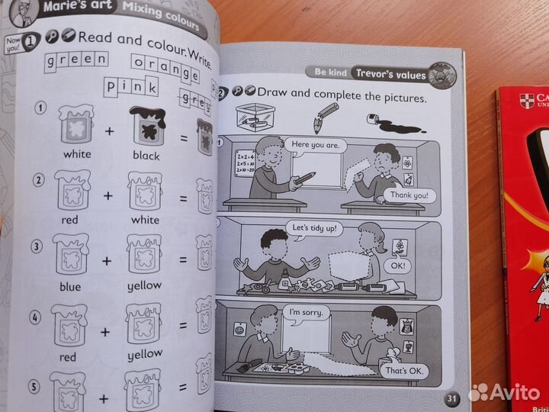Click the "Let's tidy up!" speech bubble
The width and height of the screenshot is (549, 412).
[313, 227]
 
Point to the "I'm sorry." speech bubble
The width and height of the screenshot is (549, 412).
[305, 311]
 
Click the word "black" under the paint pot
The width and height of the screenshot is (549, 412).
[146, 156]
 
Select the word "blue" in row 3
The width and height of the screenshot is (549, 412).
[69, 285]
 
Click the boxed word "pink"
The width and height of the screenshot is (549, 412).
[133, 88]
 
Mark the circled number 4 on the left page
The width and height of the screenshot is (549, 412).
[35, 314]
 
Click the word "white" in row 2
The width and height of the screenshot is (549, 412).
[145, 220]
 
